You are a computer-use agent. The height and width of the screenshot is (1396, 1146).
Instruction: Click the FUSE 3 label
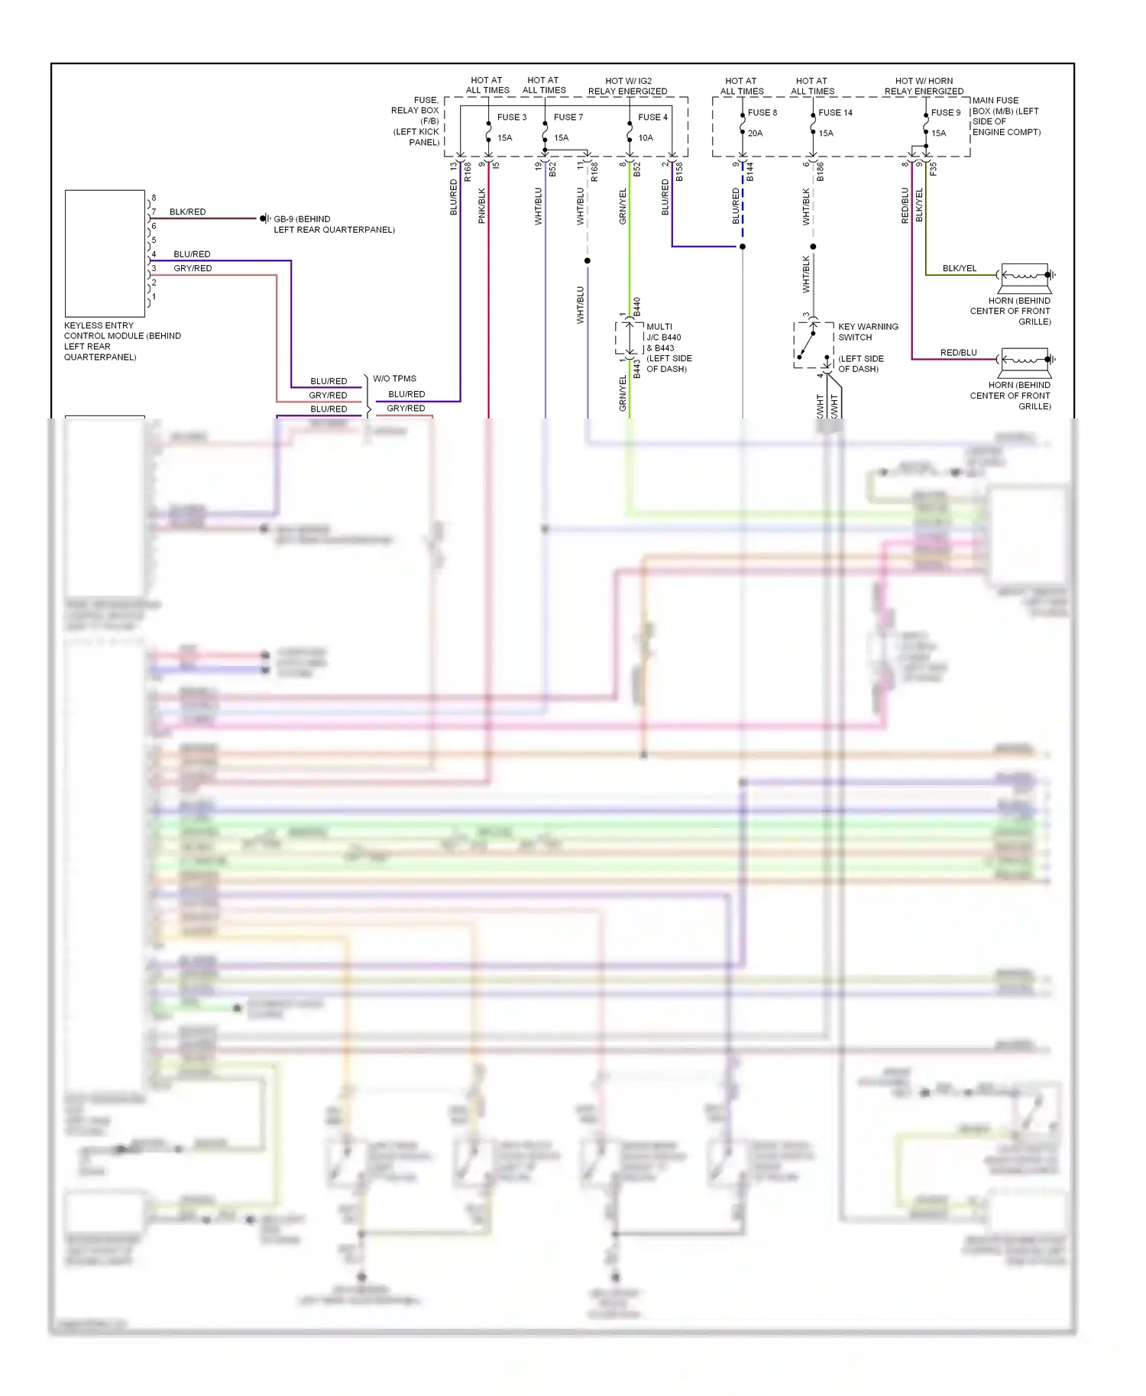511,117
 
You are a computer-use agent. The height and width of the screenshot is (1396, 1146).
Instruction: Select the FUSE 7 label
568,117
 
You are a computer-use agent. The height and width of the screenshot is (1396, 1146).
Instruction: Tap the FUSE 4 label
652,117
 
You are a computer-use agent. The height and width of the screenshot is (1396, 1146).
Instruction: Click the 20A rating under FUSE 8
755,133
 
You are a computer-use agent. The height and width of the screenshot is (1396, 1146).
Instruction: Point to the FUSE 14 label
835,112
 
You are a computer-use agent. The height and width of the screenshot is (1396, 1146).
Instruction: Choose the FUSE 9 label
945,112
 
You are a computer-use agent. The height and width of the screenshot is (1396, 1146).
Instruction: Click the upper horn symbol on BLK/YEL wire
1025,275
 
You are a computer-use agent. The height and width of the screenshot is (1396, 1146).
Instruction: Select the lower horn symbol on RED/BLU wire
1025,360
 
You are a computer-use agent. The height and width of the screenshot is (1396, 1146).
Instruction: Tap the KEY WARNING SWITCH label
868,331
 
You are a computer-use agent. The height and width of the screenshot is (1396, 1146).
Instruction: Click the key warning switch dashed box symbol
813,344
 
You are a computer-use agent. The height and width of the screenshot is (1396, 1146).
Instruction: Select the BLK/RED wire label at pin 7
187,212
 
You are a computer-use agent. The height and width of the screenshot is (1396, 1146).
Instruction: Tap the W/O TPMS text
394,378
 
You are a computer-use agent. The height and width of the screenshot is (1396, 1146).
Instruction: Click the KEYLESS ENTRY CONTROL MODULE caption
122,341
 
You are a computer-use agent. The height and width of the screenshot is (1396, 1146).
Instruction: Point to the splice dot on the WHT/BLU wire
588,261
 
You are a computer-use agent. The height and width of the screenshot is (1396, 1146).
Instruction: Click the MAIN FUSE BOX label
1005,116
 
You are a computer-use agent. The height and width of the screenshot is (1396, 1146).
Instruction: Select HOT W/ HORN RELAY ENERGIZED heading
924,86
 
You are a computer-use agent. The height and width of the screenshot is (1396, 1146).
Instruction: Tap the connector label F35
933,170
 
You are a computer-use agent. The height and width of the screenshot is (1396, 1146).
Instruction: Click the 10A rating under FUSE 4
646,138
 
